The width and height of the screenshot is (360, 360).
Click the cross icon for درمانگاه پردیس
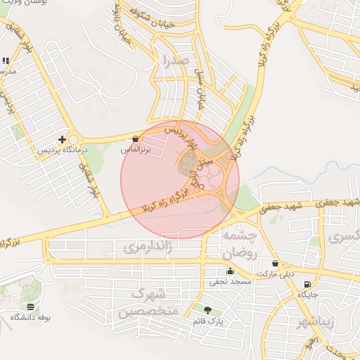63,140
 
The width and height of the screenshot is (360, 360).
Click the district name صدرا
174,60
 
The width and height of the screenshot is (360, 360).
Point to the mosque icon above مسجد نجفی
229,272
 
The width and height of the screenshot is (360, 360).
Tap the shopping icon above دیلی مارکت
275,264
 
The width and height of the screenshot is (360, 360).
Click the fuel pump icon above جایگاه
307,284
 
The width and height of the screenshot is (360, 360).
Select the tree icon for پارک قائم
207,310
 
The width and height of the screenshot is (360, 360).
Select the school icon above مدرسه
6,61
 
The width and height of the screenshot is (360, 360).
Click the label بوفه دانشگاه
30,317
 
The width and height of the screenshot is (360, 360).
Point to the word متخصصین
149,311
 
